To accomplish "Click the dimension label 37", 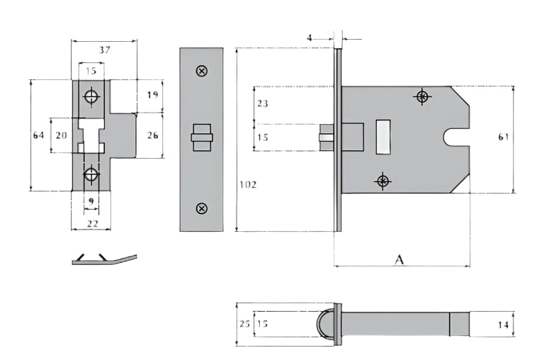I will tap(104, 50).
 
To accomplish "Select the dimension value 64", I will tap(39, 135).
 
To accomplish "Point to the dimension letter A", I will tap(399, 259).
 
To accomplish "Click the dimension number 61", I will tap(503, 137).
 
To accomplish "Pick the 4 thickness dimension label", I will tap(310, 37).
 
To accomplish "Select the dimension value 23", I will tap(262, 103).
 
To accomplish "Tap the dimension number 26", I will tap(152, 135).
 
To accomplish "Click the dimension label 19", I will tap(152, 95).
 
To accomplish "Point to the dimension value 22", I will tap(91, 223).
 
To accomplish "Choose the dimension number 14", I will tap(503, 325).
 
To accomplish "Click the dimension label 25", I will tap(244, 324).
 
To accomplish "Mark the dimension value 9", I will tap(91, 201).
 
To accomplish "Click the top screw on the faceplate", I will tap(201, 71).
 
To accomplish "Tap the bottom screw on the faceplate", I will tap(201, 208).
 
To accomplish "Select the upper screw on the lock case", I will tap(423, 96).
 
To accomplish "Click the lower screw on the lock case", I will tap(383, 181).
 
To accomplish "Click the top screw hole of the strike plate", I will tap(91, 96).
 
